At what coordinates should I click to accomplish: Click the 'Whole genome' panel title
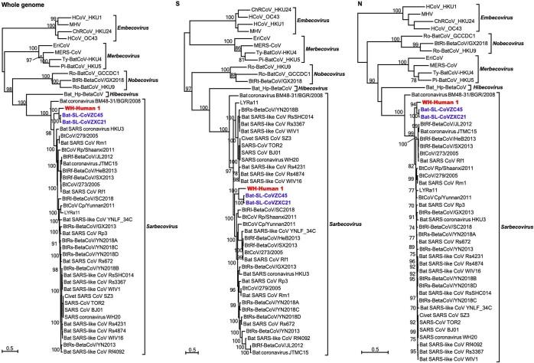pos(27,5)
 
